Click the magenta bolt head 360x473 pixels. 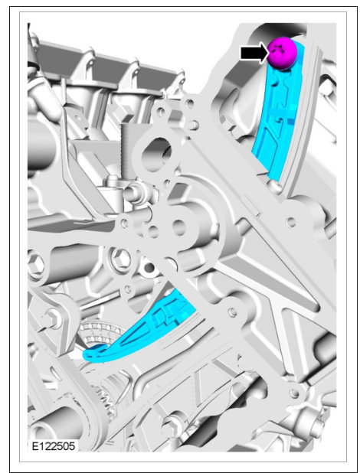pos(282,53)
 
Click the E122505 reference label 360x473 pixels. pos(54,446)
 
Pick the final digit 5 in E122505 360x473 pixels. pos(72,446)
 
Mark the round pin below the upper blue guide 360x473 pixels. pos(276,187)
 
